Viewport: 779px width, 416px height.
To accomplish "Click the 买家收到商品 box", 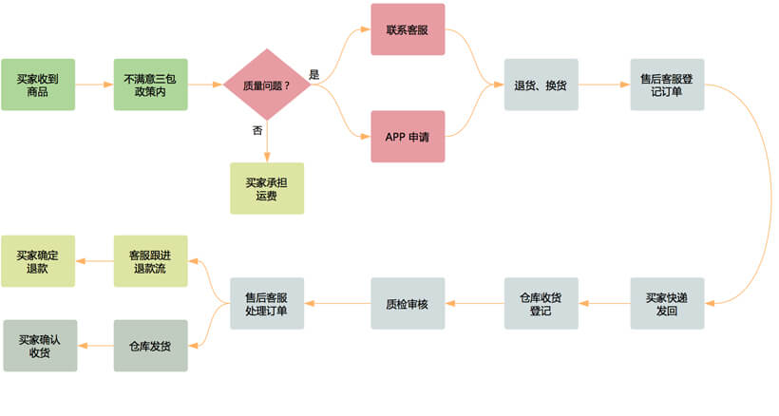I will click(38, 85).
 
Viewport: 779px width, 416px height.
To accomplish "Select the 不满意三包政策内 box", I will click(150, 85).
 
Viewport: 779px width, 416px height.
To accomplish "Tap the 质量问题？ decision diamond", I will click(267, 85).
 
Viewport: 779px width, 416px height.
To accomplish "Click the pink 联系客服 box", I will click(408, 29).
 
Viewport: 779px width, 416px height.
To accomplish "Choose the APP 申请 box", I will click(408, 137).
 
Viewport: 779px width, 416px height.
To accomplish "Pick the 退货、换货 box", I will click(541, 85).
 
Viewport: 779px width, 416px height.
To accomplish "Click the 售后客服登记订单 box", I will click(667, 85).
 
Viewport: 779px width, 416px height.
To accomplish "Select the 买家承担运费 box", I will click(267, 188).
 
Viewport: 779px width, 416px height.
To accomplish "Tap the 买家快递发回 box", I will click(667, 304).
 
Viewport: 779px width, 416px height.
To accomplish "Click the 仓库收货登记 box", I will click(541, 304).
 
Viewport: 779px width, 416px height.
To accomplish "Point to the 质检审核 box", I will click(408, 304).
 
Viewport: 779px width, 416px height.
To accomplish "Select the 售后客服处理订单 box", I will click(267, 304).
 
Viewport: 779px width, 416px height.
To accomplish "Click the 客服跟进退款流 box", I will click(150, 261).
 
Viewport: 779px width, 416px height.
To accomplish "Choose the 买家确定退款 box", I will click(38, 261).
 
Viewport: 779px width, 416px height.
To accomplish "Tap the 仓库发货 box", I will click(150, 346).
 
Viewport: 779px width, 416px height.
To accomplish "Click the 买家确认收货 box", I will click(38, 346).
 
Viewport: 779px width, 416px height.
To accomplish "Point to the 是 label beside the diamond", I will click(314, 74).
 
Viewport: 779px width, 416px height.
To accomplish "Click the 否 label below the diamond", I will click(256, 131).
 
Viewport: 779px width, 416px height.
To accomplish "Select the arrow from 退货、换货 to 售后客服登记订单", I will click(603, 85).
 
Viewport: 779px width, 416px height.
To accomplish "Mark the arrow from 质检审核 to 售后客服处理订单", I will click(337, 304).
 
